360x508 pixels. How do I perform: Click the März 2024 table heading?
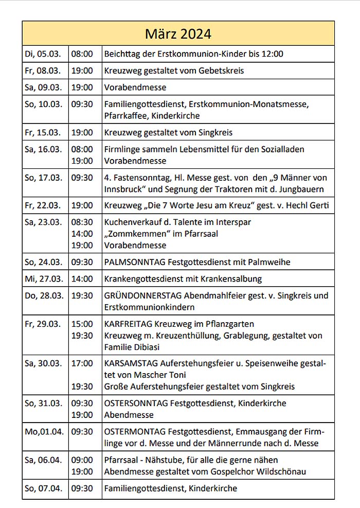178,34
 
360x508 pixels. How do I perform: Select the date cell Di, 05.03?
43,54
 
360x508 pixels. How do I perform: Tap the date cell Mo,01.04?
44,431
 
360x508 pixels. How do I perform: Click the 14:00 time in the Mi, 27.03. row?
82,279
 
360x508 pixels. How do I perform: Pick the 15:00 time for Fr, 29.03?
82,324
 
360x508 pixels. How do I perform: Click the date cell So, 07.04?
43,488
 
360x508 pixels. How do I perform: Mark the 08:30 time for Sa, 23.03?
82,222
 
